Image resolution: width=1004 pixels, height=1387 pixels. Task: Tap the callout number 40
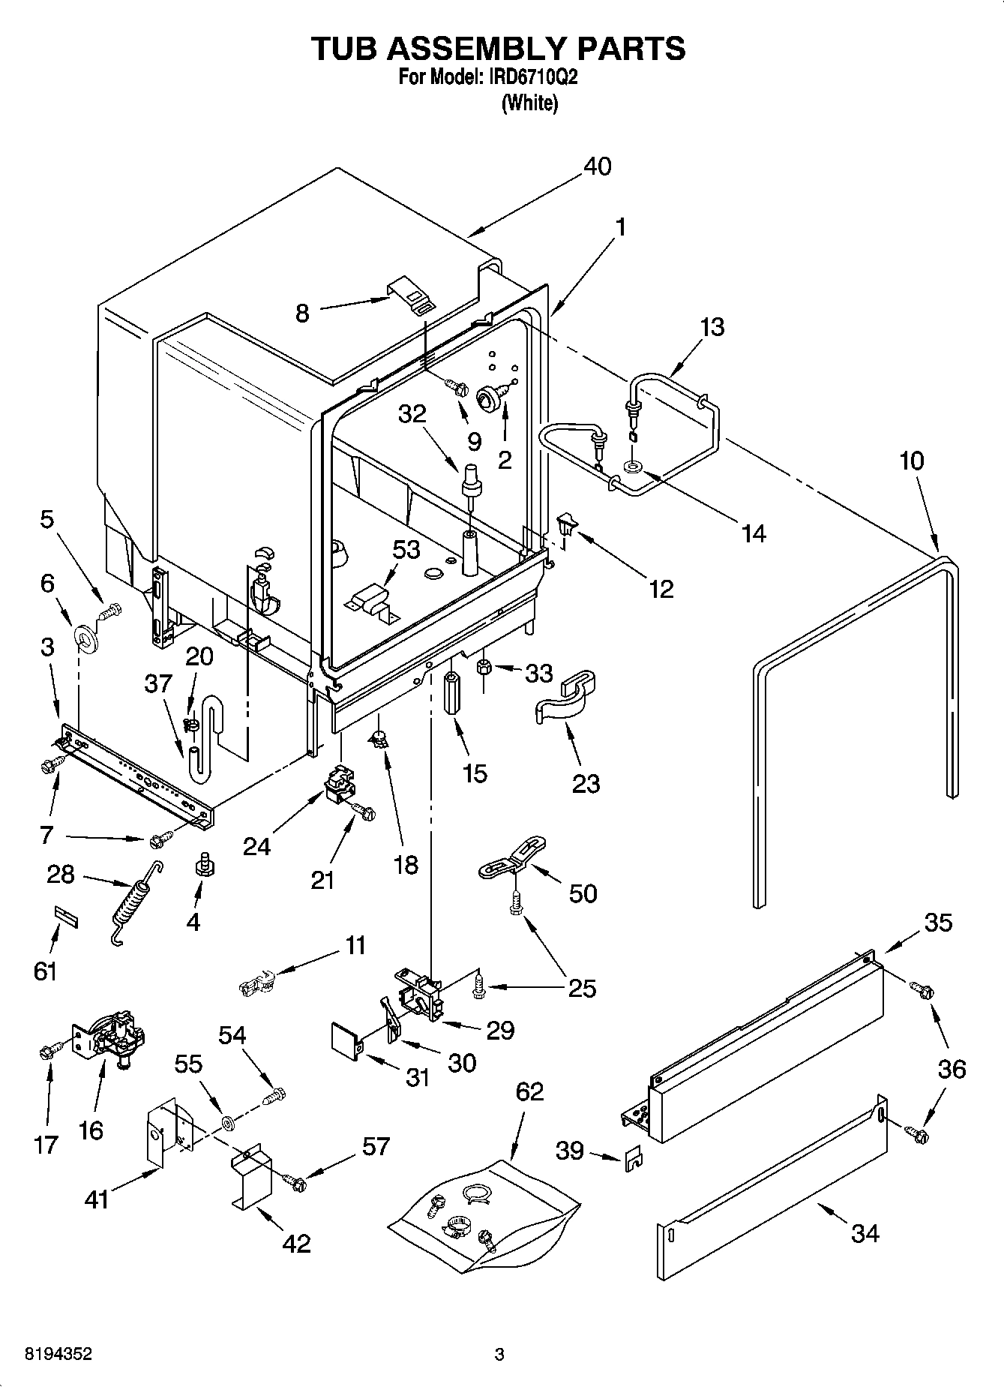597,166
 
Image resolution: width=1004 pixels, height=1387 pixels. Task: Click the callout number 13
712,327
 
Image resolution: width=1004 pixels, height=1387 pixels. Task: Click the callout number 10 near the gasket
911,461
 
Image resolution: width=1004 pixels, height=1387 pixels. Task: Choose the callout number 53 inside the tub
406,550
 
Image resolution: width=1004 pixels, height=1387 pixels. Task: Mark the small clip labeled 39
632,1158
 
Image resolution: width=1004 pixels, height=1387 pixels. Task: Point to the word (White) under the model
529,103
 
